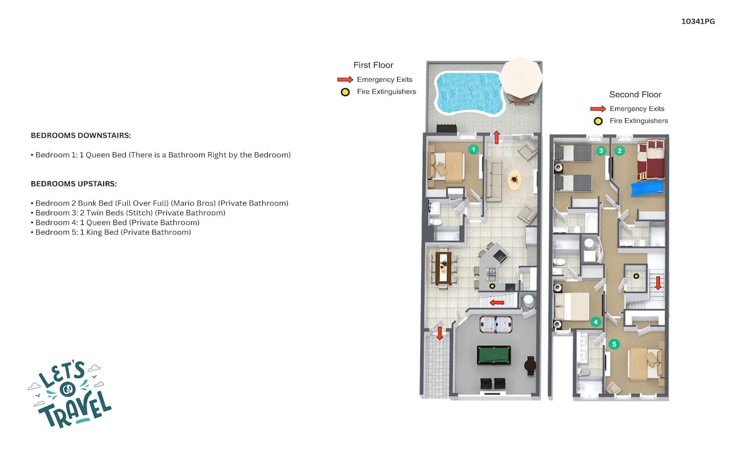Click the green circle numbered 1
coord(473,150)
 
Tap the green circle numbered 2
coord(619,151)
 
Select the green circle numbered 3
coord(601,151)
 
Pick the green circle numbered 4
coord(595,322)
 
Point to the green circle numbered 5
coord(614,344)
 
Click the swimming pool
coord(470,93)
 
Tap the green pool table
coord(494,355)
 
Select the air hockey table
coord(496,324)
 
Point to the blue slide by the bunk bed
coord(647,188)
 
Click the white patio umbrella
coord(521,78)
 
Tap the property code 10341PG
coord(698,22)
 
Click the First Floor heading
coord(373,65)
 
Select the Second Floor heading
coord(635,95)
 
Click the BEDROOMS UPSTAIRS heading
coord(73,183)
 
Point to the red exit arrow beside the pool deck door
coord(497,137)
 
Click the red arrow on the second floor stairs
coord(658,283)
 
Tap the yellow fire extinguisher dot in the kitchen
coord(492,286)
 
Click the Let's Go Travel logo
coord(70,395)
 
